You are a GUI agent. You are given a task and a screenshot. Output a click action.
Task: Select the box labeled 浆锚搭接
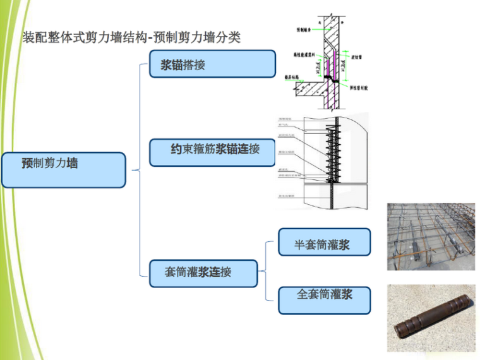pyautogui.click(x=212, y=64)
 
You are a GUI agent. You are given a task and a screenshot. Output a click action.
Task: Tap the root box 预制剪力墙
pyautogui.click(x=63, y=169)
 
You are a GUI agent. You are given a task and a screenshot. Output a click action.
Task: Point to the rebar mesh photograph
pyautogui.click(x=430, y=236)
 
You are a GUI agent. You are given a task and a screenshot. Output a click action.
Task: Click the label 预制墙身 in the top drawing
pyautogui.click(x=304, y=30)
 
